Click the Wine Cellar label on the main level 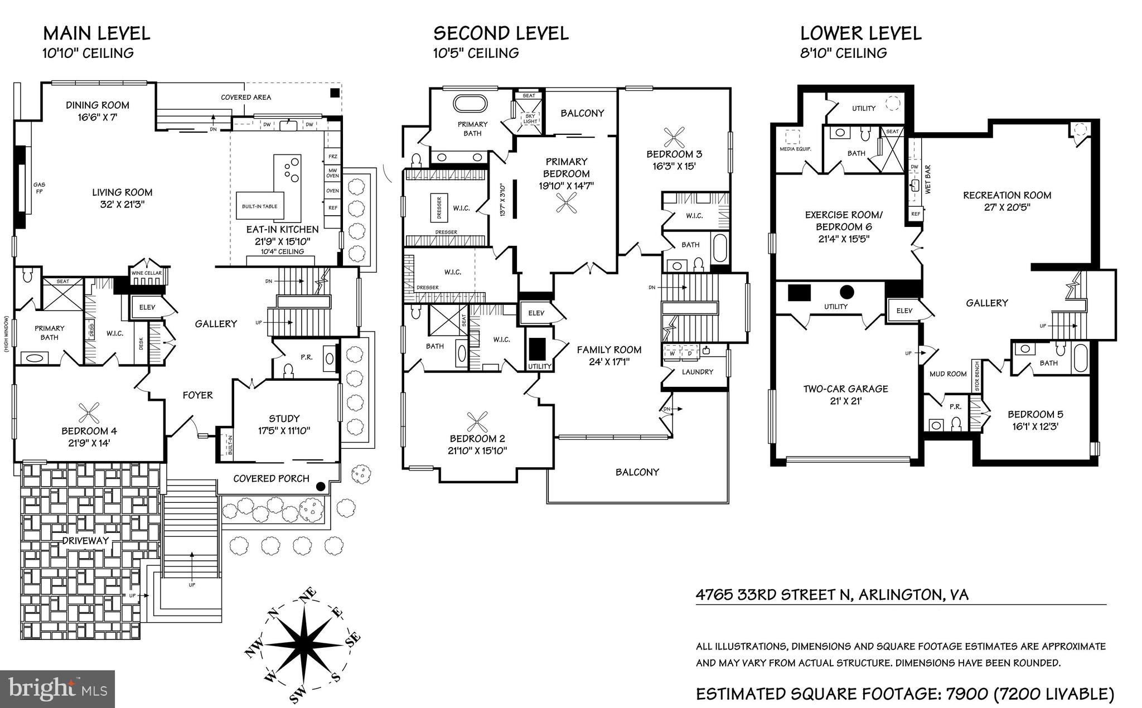click(x=146, y=273)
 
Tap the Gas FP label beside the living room click(x=39, y=188)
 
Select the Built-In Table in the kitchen click(x=259, y=206)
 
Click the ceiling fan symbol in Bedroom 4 click(x=89, y=414)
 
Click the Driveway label click(x=85, y=541)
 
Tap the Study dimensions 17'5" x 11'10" click(x=284, y=430)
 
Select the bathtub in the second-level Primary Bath click(x=470, y=104)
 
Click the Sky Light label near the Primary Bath click(x=530, y=119)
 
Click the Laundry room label click(x=697, y=372)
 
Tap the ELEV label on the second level click(x=536, y=313)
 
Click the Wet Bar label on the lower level click(x=928, y=180)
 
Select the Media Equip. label click(x=795, y=149)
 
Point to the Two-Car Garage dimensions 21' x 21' click(x=845, y=401)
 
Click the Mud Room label click(x=948, y=374)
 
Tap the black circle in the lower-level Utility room click(x=847, y=292)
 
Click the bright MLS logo click(x=57, y=689)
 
